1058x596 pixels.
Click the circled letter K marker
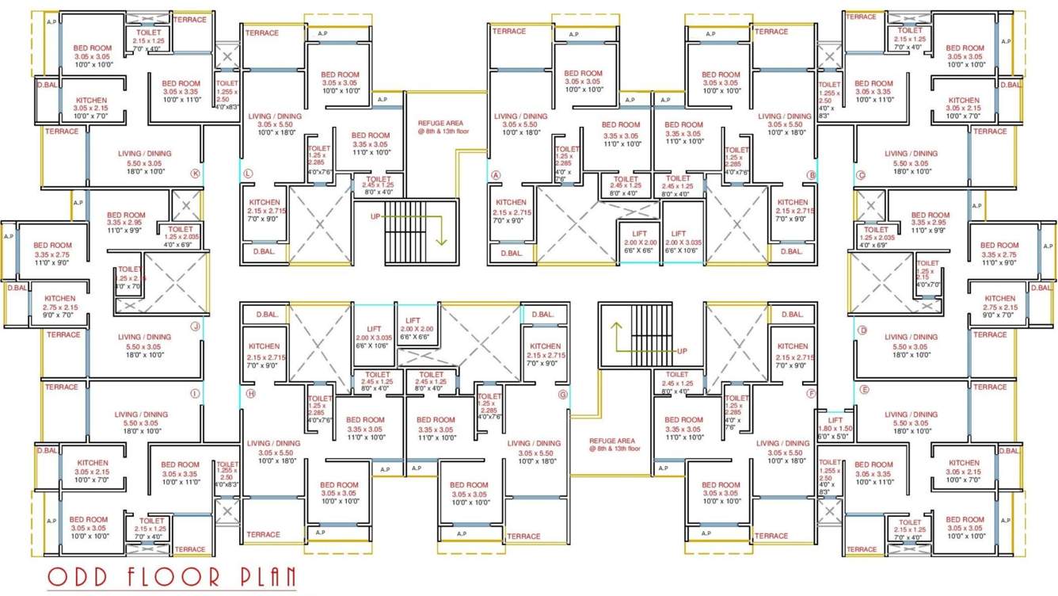pos(195,174)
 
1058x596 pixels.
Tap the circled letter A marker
pos(497,175)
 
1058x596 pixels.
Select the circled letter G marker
pos(563,394)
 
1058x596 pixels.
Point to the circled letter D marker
pos(862,330)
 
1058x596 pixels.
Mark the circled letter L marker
pos(248,174)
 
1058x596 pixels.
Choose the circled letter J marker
pos(195,326)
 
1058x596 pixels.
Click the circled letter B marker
pos(811,175)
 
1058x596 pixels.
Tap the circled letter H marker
pos(250,394)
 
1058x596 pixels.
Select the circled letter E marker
pos(864,390)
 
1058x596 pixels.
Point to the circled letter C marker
pos(861,175)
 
